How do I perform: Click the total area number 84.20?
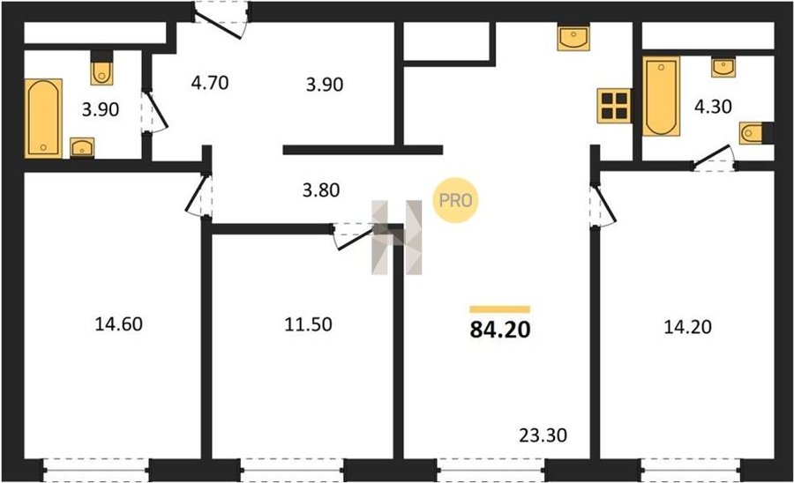coord(500,330)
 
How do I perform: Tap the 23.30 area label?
coord(543,435)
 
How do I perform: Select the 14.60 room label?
coord(118,323)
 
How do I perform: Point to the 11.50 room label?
coord(308,324)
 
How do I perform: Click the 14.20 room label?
coord(687,327)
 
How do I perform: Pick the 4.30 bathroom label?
coord(713,107)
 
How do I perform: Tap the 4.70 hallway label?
coord(210,82)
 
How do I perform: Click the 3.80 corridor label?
coord(320,190)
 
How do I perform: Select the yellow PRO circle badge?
coord(455,200)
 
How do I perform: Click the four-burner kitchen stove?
coord(614,106)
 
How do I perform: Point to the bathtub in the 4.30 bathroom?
coord(661,96)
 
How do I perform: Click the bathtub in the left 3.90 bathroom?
coord(43,118)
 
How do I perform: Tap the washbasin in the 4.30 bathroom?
coord(723,67)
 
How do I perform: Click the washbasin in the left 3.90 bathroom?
coord(81,148)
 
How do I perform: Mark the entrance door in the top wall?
coord(221,20)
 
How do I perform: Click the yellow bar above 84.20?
coord(500,309)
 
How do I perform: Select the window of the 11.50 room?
coord(292,470)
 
